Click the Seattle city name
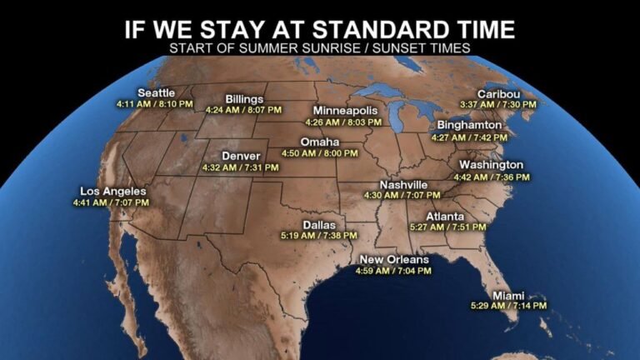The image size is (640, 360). pos(155,92)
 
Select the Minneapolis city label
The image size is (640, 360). pos(345,111)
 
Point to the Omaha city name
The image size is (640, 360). pos(319,142)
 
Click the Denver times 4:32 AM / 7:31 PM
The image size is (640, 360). pos(240,167)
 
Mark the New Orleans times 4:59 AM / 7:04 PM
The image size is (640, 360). pos(393,270)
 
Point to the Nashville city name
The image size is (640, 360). pos(403,184)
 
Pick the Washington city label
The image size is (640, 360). pos(490,165)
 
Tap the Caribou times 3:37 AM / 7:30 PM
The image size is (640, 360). pos(498,104)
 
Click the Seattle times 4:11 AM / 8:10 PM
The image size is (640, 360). pos(155,104)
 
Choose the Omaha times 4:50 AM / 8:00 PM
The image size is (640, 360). pos(320,153)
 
